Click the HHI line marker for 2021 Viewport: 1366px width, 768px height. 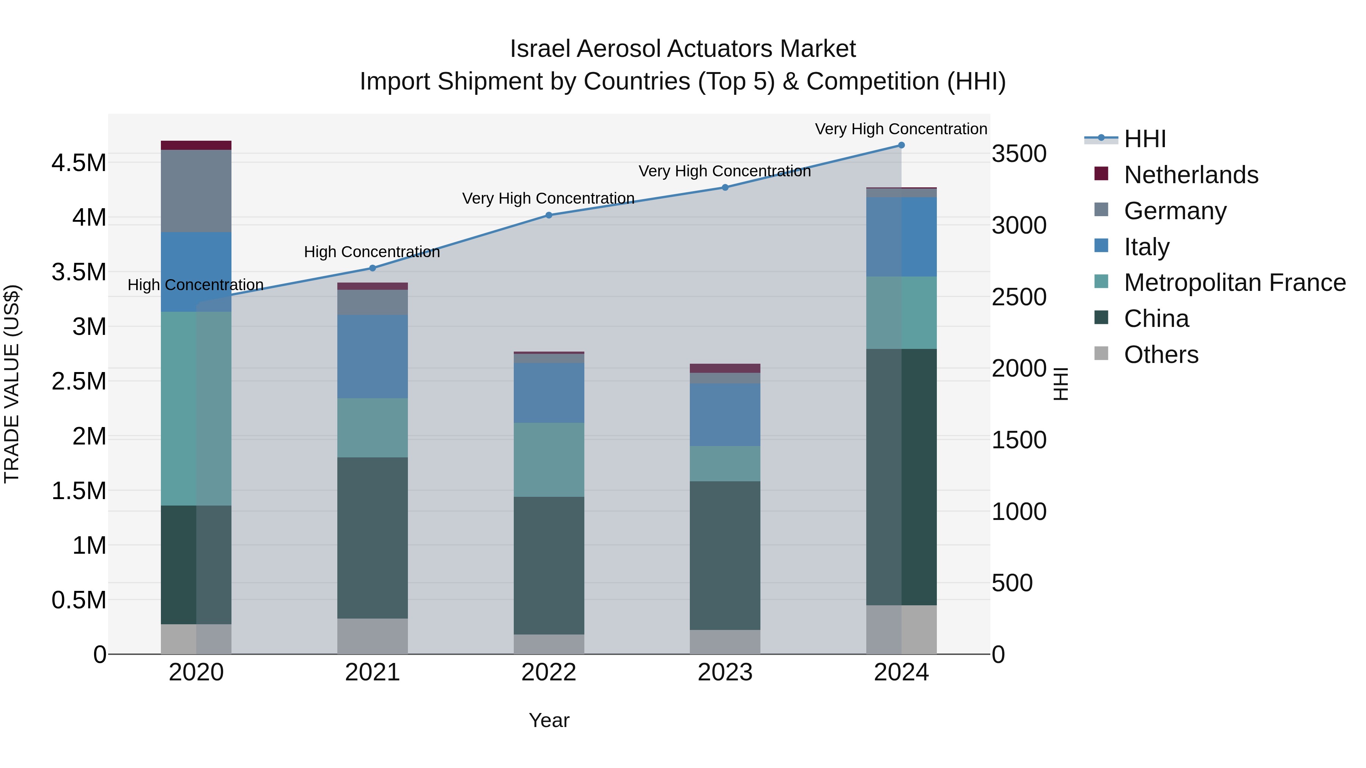[x=372, y=268]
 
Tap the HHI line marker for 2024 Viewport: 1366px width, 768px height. [x=901, y=145]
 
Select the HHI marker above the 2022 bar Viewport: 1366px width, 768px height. [x=549, y=215]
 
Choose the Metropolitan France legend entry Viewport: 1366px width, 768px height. [x=1234, y=283]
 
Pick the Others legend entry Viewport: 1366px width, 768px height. [x=1161, y=355]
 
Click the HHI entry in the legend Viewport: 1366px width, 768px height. [x=1144, y=139]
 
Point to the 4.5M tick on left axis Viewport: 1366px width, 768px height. [x=79, y=163]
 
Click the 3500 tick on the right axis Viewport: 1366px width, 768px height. [x=1019, y=154]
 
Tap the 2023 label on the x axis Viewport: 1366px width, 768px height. [x=725, y=672]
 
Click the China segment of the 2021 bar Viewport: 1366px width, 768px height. [x=372, y=537]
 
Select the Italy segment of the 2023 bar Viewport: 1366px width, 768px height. [x=725, y=415]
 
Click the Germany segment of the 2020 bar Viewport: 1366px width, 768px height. [x=196, y=191]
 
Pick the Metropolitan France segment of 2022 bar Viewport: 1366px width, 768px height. [x=549, y=460]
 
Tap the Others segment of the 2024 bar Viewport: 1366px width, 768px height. [x=901, y=629]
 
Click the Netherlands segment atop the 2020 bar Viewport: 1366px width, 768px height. [x=196, y=145]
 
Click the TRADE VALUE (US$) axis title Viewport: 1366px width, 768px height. [x=12, y=384]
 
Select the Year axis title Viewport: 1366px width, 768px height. [x=549, y=720]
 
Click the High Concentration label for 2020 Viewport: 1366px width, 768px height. [x=195, y=285]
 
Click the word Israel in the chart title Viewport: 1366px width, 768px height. [x=540, y=49]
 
